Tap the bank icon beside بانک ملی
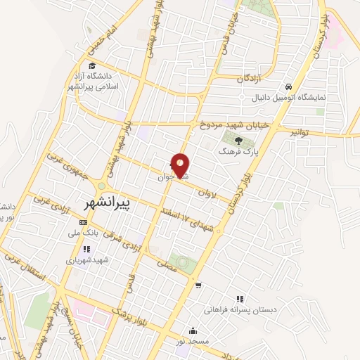coord(84,223)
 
